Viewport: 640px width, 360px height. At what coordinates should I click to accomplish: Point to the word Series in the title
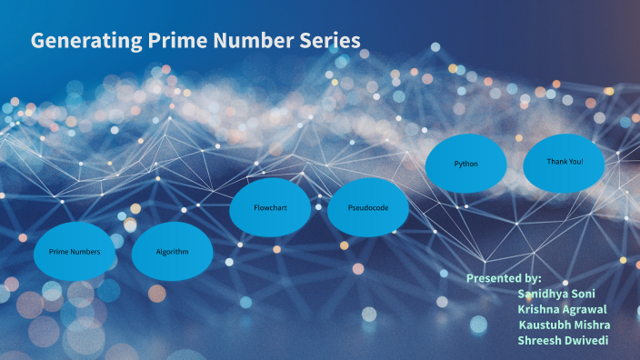click(x=327, y=41)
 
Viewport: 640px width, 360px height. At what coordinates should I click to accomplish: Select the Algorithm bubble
click(x=172, y=251)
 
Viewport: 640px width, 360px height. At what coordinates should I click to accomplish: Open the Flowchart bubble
click(x=270, y=208)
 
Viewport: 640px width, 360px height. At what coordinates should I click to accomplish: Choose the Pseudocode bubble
click(x=368, y=208)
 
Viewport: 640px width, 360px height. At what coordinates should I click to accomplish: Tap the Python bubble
click(x=466, y=164)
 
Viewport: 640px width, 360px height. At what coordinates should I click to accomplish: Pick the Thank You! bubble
click(x=564, y=162)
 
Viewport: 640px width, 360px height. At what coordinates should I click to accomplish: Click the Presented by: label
click(x=504, y=277)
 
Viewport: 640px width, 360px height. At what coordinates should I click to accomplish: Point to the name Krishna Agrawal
click(x=562, y=309)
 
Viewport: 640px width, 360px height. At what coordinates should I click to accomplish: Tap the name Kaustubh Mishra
click(x=565, y=325)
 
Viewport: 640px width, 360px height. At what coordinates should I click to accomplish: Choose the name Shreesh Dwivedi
click(x=563, y=341)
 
